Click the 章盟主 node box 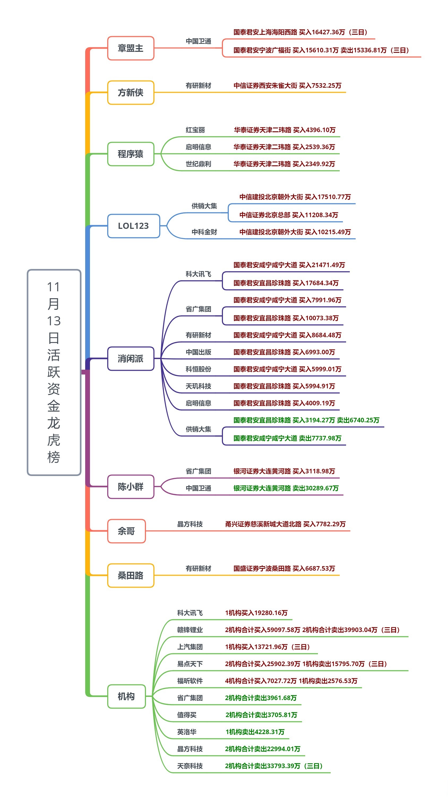click(x=131, y=48)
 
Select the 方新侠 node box click(x=131, y=92)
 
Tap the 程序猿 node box click(x=131, y=154)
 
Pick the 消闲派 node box click(x=131, y=359)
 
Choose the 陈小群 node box click(x=131, y=487)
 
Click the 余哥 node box click(x=126, y=531)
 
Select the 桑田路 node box click(x=131, y=575)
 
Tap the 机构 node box click(x=126, y=696)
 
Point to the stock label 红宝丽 click(x=195, y=130)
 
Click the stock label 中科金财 click(x=204, y=232)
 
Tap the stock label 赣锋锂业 click(x=190, y=630)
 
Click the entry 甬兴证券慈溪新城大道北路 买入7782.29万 click(x=285, y=524)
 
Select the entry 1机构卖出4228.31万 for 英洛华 click(x=255, y=732)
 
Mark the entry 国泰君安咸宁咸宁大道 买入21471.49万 click(x=289, y=265)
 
